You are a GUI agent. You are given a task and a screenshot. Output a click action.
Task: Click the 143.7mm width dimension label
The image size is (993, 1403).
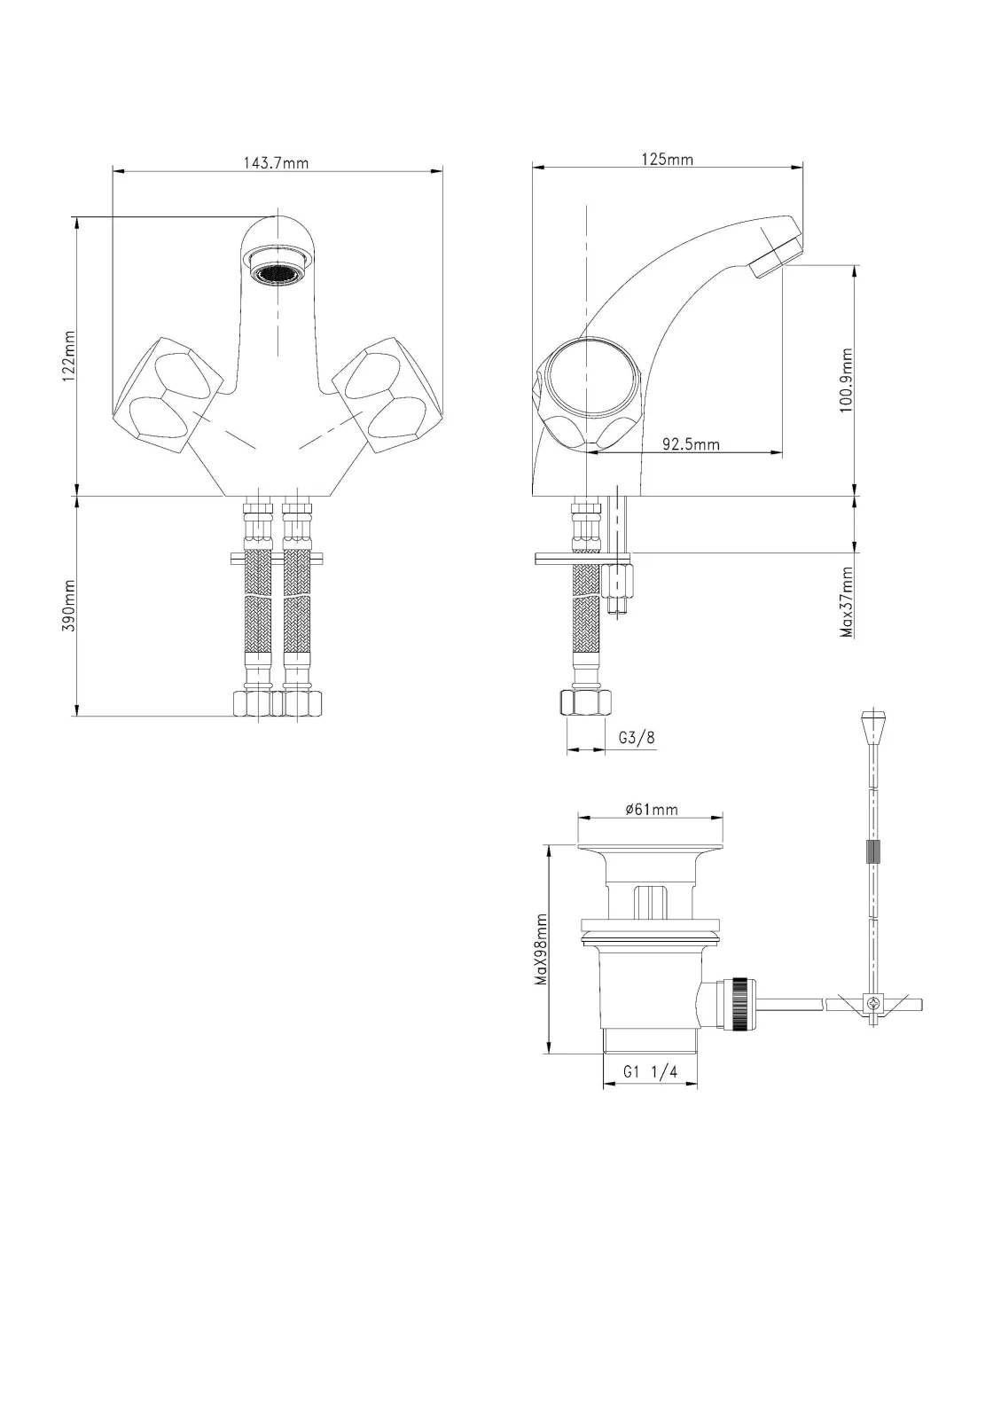click(276, 163)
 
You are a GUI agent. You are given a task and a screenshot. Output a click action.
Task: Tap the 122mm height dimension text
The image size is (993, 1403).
click(68, 357)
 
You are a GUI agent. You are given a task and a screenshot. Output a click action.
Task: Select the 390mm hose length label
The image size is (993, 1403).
click(68, 606)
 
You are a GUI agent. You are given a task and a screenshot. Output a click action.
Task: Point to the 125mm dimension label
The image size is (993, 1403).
click(668, 160)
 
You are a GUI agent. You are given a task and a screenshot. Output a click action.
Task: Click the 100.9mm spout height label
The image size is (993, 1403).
click(847, 380)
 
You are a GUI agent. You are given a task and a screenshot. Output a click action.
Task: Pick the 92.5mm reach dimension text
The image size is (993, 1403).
click(692, 444)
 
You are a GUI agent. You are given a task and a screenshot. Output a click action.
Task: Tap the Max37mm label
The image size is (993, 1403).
click(847, 602)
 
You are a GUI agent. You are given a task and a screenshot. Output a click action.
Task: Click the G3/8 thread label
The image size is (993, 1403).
click(637, 738)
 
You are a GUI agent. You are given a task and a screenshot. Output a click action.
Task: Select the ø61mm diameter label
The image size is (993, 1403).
click(651, 810)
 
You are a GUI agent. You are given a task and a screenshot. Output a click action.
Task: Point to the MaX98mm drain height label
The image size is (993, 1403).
click(541, 950)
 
